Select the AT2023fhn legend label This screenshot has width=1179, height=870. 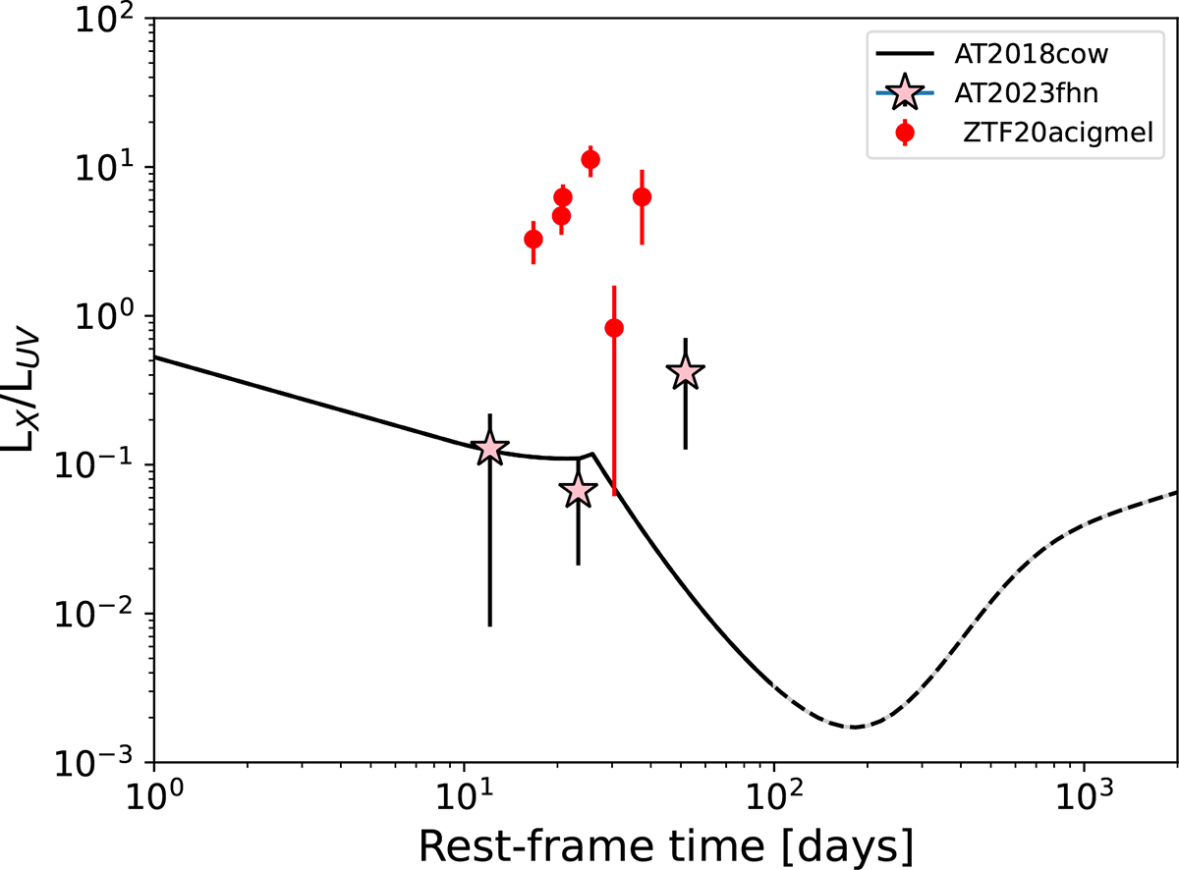click(1004, 93)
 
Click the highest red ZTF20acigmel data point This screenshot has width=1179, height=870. click(590, 160)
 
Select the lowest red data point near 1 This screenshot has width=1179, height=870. click(614, 328)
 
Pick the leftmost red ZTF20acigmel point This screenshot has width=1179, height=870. click(533, 239)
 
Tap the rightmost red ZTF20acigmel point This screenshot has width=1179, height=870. click(643, 196)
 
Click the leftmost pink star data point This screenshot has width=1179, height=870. click(490, 449)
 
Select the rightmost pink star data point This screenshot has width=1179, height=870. click(686, 372)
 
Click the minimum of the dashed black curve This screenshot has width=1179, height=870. click(855, 727)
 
